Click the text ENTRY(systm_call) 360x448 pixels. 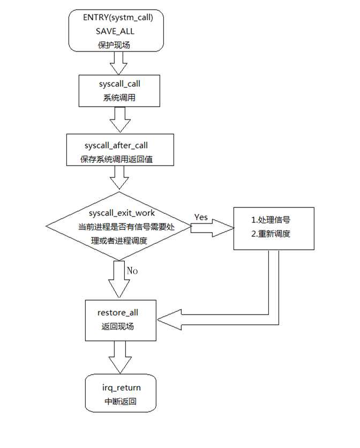point(118,18)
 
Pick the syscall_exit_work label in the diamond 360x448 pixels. point(118,213)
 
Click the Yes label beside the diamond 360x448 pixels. point(201,218)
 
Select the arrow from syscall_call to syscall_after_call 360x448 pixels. point(118,120)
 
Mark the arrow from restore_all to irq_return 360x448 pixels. point(119,357)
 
